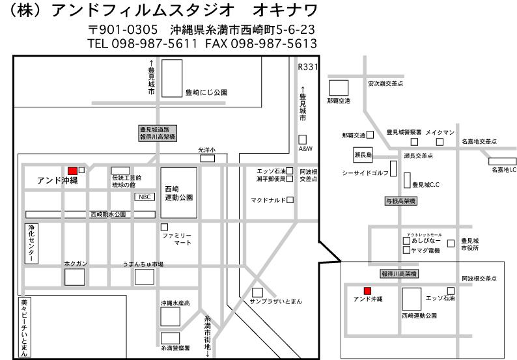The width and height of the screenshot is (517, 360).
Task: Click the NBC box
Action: tap(144, 196)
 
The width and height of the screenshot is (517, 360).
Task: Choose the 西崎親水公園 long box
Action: tap(91, 214)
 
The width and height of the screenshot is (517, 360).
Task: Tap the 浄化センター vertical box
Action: tap(31, 244)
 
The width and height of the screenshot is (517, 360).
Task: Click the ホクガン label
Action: tap(76, 264)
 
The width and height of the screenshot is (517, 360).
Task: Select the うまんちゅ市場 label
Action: tap(143, 264)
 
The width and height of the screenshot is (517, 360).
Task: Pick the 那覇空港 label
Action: tap(339, 101)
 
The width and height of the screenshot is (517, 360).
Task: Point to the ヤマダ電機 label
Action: tap(426, 250)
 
